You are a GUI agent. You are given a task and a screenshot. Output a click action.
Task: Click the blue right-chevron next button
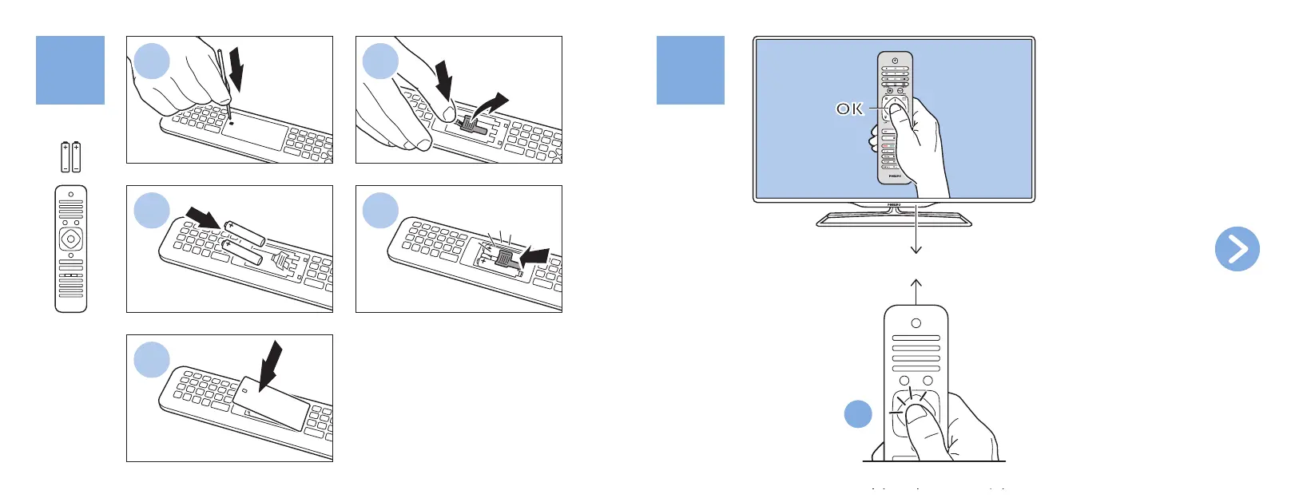(1237, 249)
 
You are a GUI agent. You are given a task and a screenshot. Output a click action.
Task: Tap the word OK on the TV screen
(849, 109)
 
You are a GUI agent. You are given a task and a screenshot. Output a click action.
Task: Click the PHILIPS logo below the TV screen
(894, 205)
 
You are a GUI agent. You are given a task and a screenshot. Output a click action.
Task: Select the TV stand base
(894, 219)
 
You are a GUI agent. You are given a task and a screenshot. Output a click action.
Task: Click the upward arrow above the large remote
(916, 291)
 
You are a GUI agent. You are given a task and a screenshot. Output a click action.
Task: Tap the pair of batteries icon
(71, 157)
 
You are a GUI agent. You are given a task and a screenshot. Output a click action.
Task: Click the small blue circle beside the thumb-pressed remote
(858, 414)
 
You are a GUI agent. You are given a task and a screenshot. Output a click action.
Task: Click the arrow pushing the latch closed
(534, 255)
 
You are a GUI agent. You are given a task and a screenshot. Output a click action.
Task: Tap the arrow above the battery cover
(272, 362)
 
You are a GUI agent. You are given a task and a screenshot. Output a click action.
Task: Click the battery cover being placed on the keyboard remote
(272, 402)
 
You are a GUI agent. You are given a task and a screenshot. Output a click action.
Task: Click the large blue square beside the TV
(690, 70)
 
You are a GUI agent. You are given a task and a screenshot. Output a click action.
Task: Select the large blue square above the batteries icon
(70, 70)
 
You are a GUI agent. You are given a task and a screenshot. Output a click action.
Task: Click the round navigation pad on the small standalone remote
(71, 239)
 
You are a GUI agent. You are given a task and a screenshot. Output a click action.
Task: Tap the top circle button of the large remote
(916, 323)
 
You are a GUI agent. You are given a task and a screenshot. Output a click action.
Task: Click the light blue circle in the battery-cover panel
(152, 360)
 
